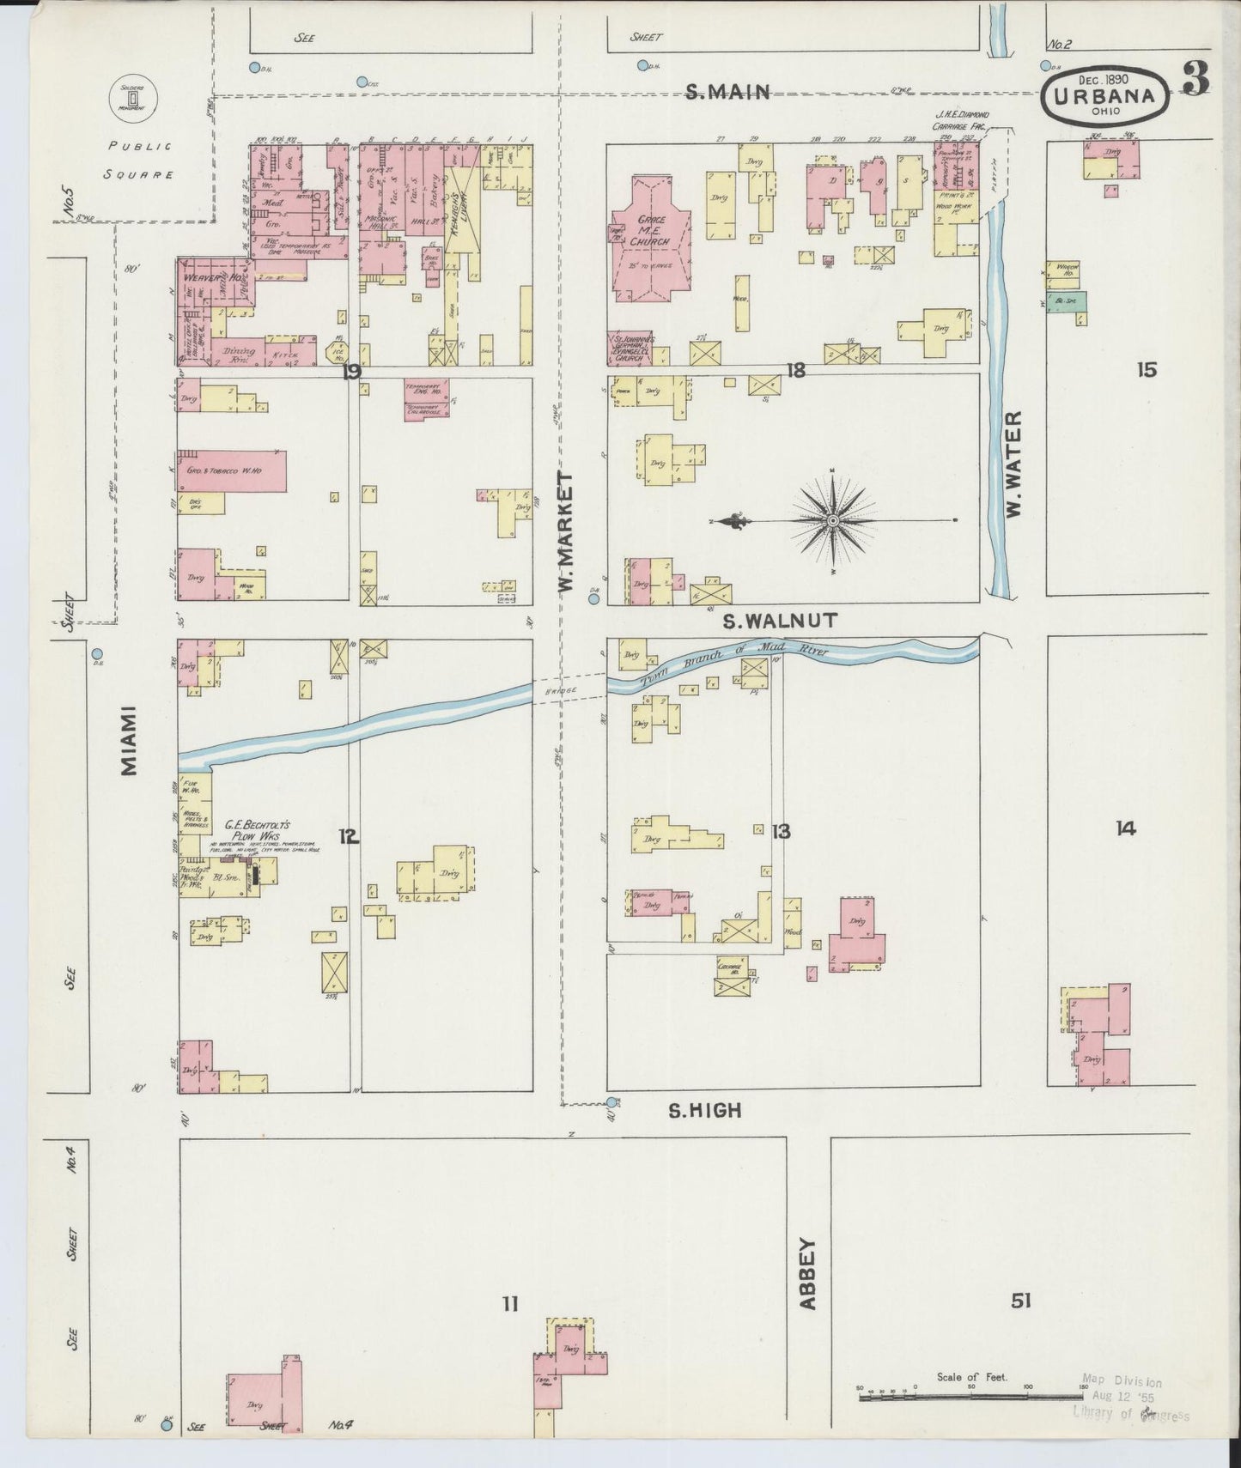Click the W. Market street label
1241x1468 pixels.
[x=565, y=532]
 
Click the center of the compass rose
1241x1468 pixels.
[x=833, y=520]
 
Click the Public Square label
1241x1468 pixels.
[x=139, y=160]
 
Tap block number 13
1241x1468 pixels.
[x=781, y=831]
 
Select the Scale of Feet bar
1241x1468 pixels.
[x=970, y=1398]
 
